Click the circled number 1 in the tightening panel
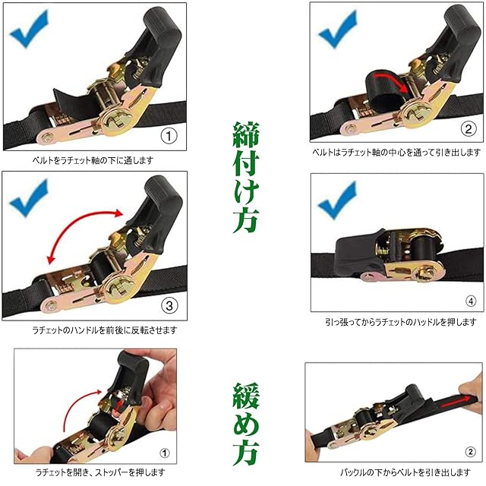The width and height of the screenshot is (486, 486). pos(169,136)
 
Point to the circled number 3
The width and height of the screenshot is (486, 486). pos(169,305)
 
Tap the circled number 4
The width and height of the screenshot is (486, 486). pos(471,301)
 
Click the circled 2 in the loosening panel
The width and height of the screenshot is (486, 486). pos(470,452)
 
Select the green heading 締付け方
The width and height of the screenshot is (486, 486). pos(245,177)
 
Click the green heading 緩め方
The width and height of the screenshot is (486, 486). pos(245,424)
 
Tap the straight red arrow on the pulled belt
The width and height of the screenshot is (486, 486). pos(456,402)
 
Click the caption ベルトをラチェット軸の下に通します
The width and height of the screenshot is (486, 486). pos(93,160)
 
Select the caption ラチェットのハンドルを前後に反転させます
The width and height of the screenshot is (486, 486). pos(105,330)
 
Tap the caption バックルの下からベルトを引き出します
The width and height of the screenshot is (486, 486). pos(406,472)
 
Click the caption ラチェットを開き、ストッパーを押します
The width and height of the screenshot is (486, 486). pos(100,472)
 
